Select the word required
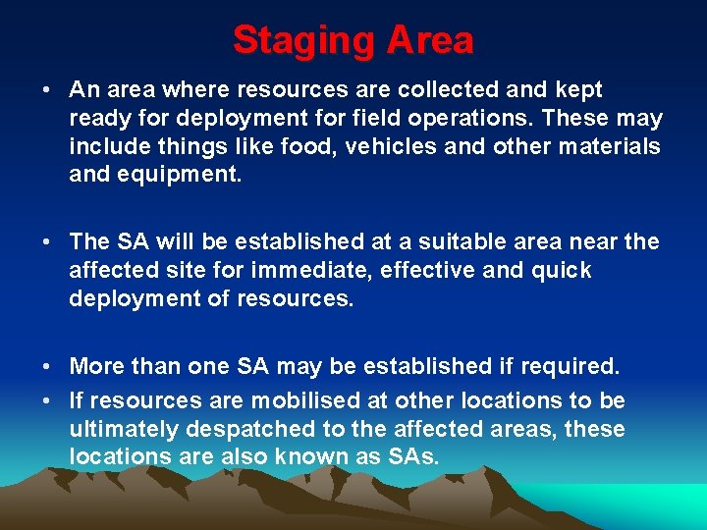coord(566,366)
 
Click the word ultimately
coord(120,429)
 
